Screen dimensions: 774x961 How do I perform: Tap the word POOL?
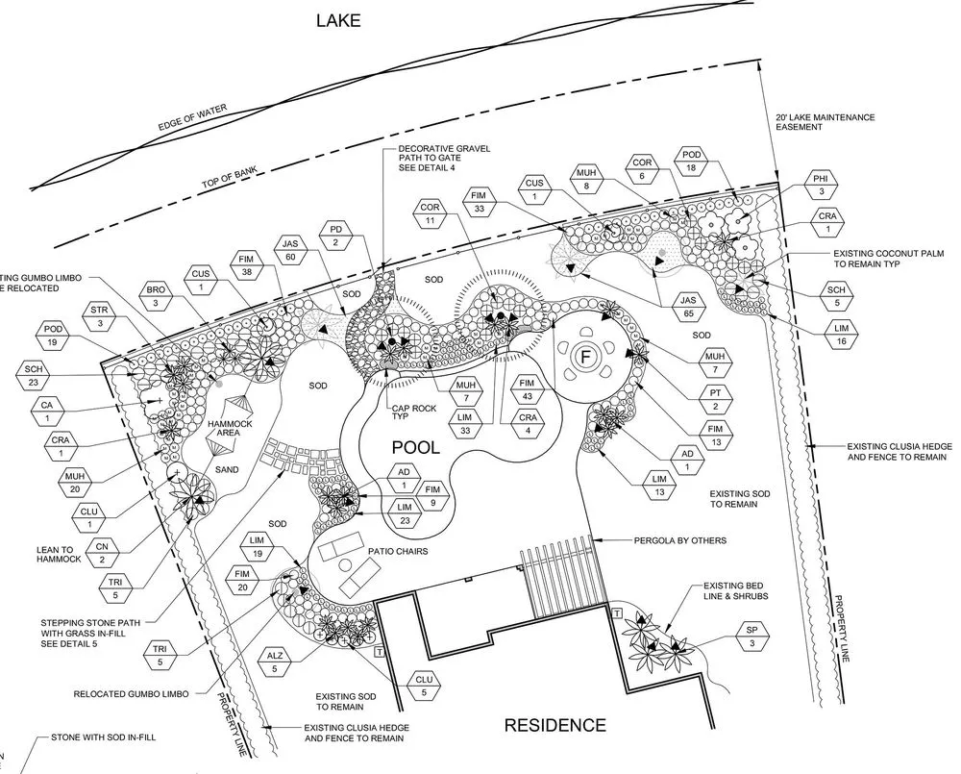click(415, 447)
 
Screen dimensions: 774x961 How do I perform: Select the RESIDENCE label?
click(555, 725)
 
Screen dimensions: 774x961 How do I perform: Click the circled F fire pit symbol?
click(582, 356)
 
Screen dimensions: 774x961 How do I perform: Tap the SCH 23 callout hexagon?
click(34, 376)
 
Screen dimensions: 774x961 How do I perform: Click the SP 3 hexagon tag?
click(752, 636)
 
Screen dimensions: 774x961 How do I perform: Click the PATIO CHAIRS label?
click(397, 551)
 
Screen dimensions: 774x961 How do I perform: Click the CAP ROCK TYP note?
click(410, 412)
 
